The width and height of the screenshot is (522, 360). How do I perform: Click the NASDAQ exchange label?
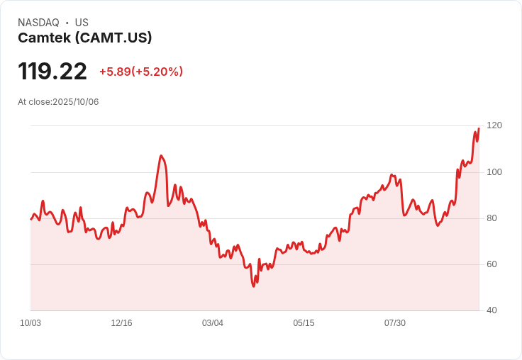pos(38,23)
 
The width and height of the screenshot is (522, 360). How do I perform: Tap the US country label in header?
pos(82,23)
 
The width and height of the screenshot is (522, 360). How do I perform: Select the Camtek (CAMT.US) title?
pos(85,38)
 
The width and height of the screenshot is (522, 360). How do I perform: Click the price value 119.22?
pos(52,72)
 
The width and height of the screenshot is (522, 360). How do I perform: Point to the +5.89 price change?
pos(114,72)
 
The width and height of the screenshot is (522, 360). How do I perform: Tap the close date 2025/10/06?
pos(76,102)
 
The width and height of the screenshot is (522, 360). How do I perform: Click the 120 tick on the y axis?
pos(494,125)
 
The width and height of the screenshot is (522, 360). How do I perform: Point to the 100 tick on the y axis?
pos(494,172)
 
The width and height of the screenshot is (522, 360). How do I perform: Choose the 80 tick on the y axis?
pos(492,218)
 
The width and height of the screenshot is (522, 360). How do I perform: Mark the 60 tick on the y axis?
pos(492,264)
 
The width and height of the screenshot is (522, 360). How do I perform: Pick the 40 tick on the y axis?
pos(492,310)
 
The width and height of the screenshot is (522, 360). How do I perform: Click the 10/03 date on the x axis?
pos(30,323)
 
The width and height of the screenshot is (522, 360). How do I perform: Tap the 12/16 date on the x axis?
pos(121,323)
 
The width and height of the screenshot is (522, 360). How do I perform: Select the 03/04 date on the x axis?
pos(213,323)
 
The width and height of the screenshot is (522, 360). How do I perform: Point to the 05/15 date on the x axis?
pos(304,323)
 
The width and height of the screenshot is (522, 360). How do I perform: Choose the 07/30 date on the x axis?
pos(395,323)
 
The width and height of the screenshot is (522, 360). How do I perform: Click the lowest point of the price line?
pos(253,286)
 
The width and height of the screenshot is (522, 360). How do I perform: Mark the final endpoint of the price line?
pos(479,128)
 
